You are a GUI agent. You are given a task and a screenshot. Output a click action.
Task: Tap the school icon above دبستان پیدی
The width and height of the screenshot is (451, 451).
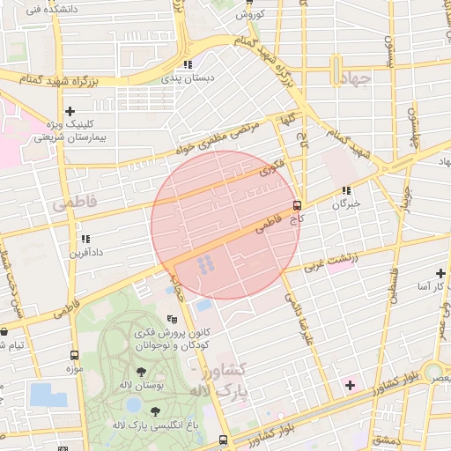coord(187,64)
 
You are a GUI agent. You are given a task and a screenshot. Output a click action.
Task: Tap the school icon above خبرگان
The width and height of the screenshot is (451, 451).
coord(347,189)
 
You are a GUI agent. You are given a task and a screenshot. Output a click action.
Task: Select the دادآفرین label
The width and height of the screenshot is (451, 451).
coord(86,252)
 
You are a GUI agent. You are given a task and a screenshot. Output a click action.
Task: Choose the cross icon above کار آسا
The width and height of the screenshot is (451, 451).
coord(440,273)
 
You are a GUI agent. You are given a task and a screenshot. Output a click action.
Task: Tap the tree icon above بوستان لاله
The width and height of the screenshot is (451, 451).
coord(142,373)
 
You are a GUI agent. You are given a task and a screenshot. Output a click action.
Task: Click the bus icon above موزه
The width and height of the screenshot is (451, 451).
coord(73,355)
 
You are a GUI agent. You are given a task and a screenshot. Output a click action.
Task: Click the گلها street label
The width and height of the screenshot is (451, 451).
coord(287,121)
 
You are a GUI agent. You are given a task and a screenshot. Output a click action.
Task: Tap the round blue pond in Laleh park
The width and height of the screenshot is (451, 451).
coord(132,404)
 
